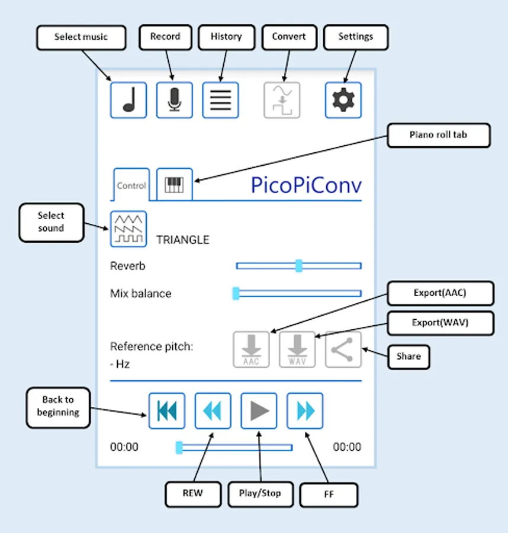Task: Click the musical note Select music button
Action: (x=128, y=100)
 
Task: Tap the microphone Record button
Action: (x=174, y=100)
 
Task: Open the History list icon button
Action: (x=220, y=100)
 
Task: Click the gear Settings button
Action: (x=343, y=100)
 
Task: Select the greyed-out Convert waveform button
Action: (x=282, y=100)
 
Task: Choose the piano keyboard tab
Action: (x=174, y=185)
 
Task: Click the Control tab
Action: (x=131, y=185)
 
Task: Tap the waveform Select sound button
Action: (x=128, y=229)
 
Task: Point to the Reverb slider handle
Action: (x=299, y=266)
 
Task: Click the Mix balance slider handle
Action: (x=236, y=293)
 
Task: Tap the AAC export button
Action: (x=251, y=350)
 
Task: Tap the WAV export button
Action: (x=297, y=350)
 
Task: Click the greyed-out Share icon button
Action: (x=343, y=350)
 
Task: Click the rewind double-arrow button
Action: (x=213, y=410)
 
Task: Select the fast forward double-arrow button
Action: (x=305, y=410)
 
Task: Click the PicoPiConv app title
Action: (x=306, y=185)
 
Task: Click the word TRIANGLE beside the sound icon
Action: (x=182, y=240)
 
